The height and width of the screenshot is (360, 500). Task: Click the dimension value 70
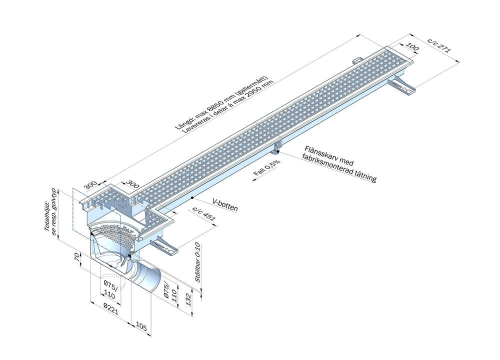[76, 258]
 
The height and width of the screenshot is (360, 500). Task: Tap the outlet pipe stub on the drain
[148, 277]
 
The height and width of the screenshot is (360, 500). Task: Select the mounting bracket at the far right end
[403, 86]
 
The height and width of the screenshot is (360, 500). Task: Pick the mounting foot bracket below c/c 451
[164, 246]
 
